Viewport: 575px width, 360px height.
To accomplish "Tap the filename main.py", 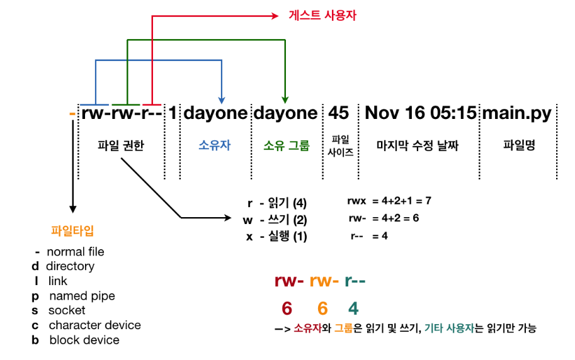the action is tap(516, 113).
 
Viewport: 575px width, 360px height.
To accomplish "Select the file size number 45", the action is tap(338, 113).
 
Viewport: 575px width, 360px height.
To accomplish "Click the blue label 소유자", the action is tap(215, 146).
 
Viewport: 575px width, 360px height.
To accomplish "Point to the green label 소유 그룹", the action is tap(287, 146).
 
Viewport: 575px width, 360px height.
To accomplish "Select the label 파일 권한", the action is tap(121, 146).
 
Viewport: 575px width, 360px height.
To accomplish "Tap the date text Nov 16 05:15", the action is tap(420, 113).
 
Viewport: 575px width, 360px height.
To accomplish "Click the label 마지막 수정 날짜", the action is tap(418, 146).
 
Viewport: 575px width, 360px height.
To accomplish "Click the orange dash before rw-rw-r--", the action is tap(72, 114).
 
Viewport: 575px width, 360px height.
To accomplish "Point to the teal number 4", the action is tap(353, 308).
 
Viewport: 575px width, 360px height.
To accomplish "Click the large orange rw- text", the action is tap(324, 281).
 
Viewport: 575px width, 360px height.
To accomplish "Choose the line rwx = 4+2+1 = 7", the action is tap(389, 202).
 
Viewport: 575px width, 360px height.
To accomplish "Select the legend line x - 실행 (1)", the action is tap(275, 237).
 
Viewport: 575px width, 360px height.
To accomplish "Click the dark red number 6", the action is tap(287, 308).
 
